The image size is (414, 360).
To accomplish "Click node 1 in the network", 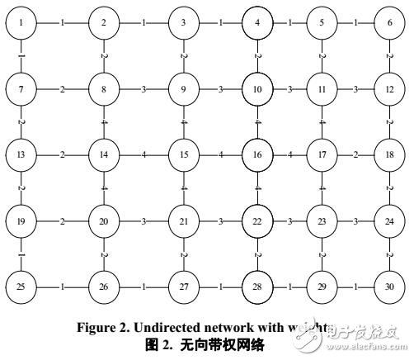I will pos(21,21).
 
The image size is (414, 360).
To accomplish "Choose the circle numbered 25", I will pos(21,286).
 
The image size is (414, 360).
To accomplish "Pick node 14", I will pos(105,154).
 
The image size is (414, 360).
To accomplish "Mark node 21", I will pos(182,220).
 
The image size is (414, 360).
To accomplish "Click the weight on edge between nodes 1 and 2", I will pos(63,21).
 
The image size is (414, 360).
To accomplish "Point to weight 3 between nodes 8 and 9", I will pos(143,88).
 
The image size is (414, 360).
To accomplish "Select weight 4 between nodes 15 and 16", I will pos(220,154).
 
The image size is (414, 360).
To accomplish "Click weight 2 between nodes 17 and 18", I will pos(355,154).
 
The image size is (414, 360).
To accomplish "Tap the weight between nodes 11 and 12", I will pos(355,88).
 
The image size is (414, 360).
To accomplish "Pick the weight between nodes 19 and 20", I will pos(63,220).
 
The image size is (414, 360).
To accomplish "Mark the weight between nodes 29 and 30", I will pos(355,286).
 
